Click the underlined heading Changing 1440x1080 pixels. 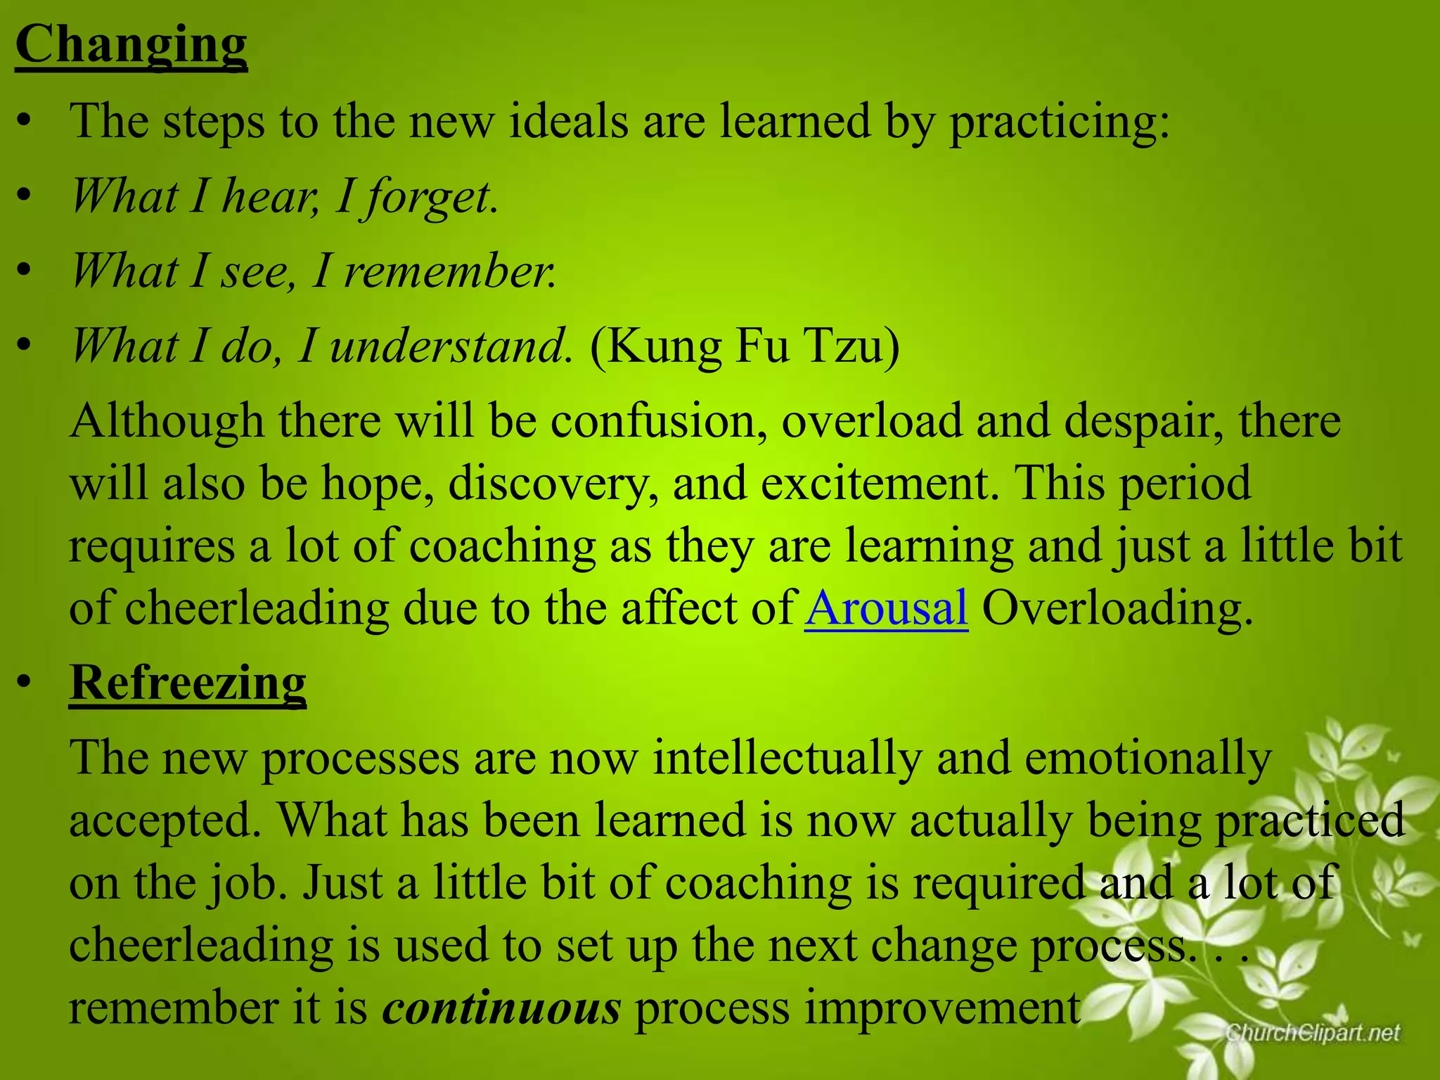click(131, 44)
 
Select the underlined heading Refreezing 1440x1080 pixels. click(188, 682)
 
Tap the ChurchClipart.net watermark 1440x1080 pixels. click(1313, 1033)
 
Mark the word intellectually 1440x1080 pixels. click(787, 757)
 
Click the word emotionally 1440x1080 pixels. click(1147, 757)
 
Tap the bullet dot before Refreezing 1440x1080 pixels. click(25, 682)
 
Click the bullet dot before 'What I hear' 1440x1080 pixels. click(25, 196)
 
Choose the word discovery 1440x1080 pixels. click(552, 483)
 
